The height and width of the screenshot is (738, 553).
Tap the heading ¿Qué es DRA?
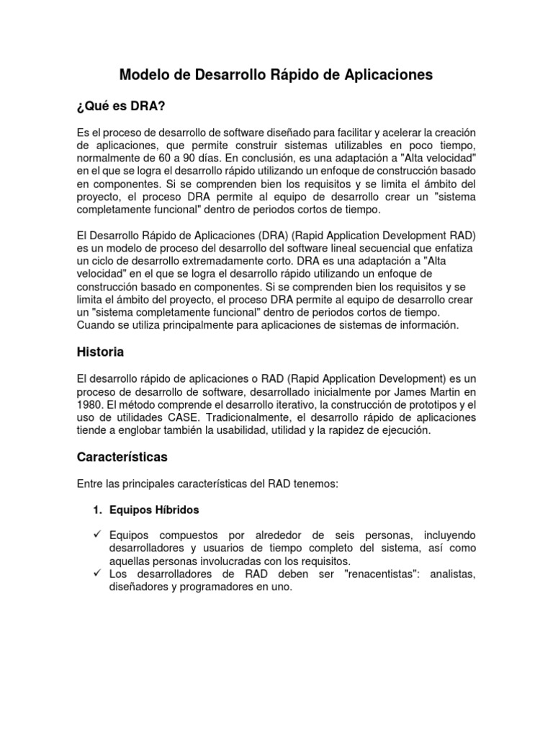(x=121, y=107)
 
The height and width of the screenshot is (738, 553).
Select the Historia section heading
(x=100, y=352)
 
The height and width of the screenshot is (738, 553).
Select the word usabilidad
(x=243, y=430)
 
